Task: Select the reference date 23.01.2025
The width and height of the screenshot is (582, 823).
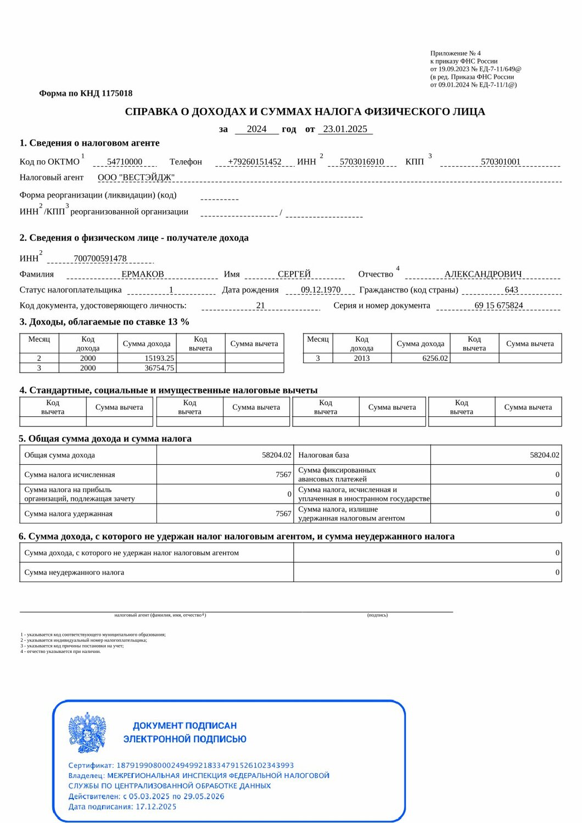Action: (345, 129)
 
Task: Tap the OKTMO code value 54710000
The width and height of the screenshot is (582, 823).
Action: (125, 162)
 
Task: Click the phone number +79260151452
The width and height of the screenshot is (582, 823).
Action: (254, 162)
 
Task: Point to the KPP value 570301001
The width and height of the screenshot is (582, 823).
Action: (500, 162)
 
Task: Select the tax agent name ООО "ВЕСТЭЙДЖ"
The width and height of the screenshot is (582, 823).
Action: (136, 177)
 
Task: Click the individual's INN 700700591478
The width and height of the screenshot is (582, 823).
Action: (100, 258)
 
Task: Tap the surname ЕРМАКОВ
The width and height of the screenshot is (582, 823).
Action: (143, 274)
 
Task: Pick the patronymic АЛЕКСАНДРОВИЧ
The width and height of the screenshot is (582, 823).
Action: (483, 274)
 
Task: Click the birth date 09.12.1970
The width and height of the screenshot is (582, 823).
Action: (321, 290)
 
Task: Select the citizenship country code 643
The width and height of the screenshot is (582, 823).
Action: (511, 290)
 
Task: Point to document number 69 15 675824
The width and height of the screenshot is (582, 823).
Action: (499, 306)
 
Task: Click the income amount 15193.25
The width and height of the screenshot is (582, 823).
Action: (159, 358)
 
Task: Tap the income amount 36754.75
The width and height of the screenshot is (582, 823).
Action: (159, 368)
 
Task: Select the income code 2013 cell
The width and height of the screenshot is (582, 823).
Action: (362, 358)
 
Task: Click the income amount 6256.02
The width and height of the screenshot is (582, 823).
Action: (435, 358)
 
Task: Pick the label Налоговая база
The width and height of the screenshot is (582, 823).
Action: (323, 455)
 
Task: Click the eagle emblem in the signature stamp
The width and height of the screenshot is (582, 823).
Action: (87, 732)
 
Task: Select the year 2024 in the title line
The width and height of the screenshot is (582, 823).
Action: (256, 129)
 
